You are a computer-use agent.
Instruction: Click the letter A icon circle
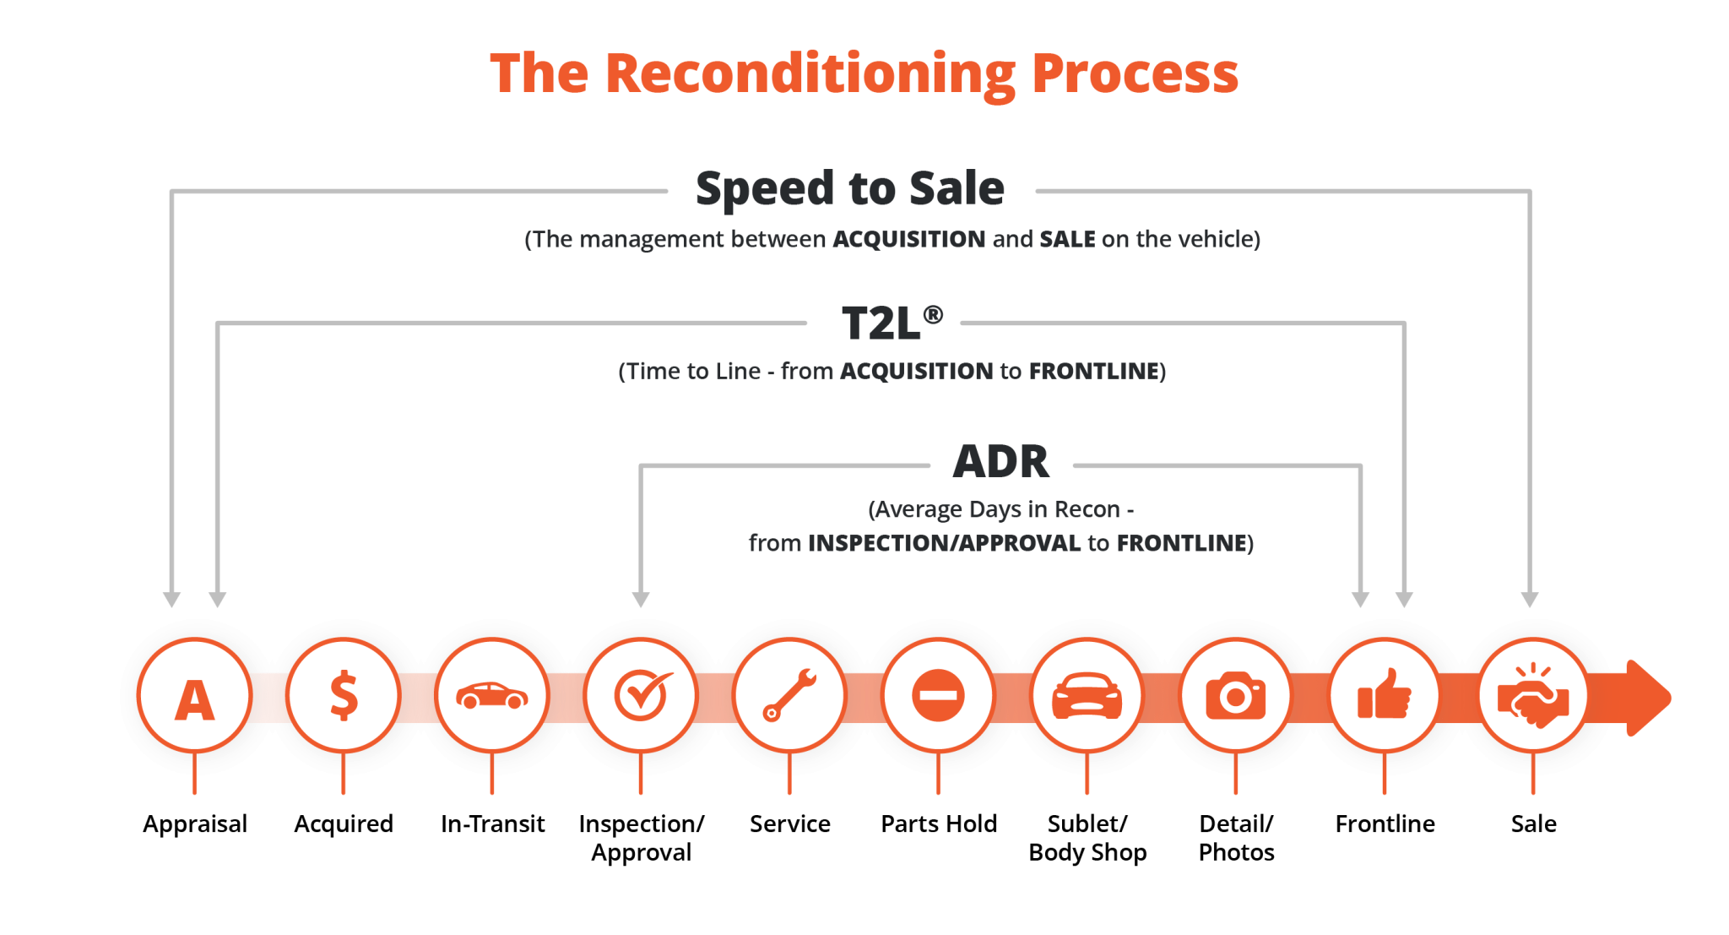tap(194, 697)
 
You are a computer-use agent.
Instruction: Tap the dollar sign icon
tap(343, 697)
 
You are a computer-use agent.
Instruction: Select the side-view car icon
tap(491, 697)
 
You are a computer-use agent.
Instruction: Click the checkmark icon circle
tap(641, 697)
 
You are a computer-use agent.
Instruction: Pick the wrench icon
tap(789, 697)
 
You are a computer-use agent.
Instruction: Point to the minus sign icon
tap(938, 697)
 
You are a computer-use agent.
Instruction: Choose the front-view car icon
tap(1087, 697)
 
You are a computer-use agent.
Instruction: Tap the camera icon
tap(1235, 697)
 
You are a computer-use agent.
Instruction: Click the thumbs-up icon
tap(1384, 697)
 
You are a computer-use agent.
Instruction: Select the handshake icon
tap(1532, 697)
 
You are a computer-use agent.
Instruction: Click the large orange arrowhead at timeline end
tap(1646, 698)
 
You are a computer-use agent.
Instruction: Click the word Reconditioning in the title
tap(810, 74)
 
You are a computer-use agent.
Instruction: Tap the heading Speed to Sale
tap(849, 188)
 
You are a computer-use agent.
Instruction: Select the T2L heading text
tap(882, 323)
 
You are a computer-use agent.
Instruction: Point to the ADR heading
tap(1001, 462)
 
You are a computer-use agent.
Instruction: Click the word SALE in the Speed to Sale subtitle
tap(1067, 240)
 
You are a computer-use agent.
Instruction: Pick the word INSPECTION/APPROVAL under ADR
tap(944, 543)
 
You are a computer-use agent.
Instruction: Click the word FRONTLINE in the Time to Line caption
tap(1093, 372)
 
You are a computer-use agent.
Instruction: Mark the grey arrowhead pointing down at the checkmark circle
tap(641, 599)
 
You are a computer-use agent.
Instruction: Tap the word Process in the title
tap(1135, 74)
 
